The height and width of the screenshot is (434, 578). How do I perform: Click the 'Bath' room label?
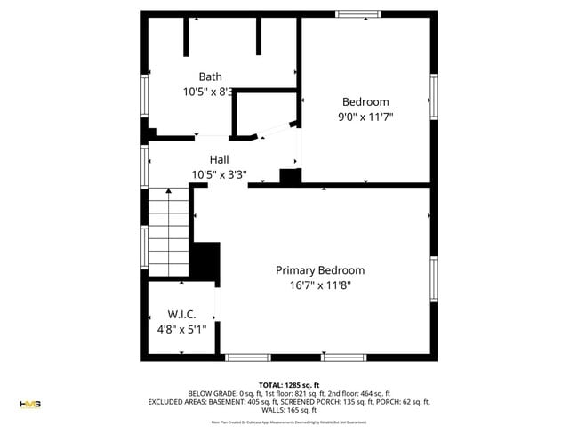click(210, 76)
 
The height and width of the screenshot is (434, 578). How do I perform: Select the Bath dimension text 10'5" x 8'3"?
click(208, 92)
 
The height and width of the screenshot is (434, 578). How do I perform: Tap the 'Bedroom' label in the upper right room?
click(365, 101)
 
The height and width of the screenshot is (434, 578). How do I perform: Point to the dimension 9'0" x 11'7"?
click(365, 117)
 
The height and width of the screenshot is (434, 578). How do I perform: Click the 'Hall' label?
click(219, 159)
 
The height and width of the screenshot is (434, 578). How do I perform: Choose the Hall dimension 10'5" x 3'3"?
click(219, 174)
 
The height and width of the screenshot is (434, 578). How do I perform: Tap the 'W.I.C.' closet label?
click(181, 315)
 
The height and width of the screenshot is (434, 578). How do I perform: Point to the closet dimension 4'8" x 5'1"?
click(181, 330)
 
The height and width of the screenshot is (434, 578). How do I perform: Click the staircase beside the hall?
click(169, 231)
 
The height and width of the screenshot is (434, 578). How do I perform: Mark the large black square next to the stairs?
click(205, 261)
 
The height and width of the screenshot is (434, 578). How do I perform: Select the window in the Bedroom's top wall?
click(359, 13)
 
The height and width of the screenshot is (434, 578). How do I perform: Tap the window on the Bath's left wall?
click(144, 102)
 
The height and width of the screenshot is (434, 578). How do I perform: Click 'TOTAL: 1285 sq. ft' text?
click(289, 384)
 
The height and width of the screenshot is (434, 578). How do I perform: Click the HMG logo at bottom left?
click(30, 404)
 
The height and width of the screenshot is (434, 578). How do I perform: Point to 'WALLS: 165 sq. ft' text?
click(289, 410)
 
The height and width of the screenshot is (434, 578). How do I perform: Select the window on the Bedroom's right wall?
click(434, 96)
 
